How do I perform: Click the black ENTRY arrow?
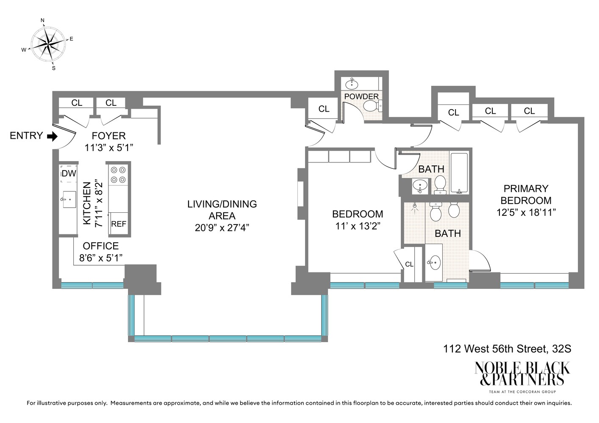(x=52, y=136)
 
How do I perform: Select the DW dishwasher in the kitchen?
(x=69, y=173)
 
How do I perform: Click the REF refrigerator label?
(x=119, y=224)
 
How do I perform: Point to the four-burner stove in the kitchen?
(x=118, y=175)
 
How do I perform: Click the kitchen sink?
(x=69, y=199)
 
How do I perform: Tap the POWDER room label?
(x=361, y=96)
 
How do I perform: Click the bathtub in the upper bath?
(x=459, y=173)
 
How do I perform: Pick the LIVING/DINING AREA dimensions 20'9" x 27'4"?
(x=222, y=228)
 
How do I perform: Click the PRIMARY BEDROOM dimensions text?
(x=526, y=212)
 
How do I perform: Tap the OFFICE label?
(x=100, y=246)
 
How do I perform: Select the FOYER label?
(x=108, y=136)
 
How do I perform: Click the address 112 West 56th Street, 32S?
(x=507, y=349)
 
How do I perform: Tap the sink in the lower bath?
(x=434, y=263)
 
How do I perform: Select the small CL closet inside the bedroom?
(x=409, y=264)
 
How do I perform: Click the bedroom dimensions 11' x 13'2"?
(x=358, y=226)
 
